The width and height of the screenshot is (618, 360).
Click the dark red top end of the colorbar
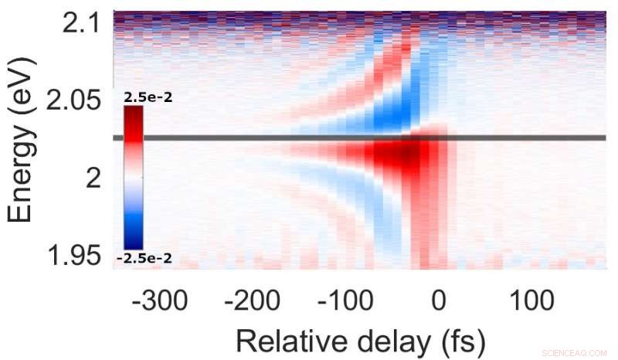click(133, 113)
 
